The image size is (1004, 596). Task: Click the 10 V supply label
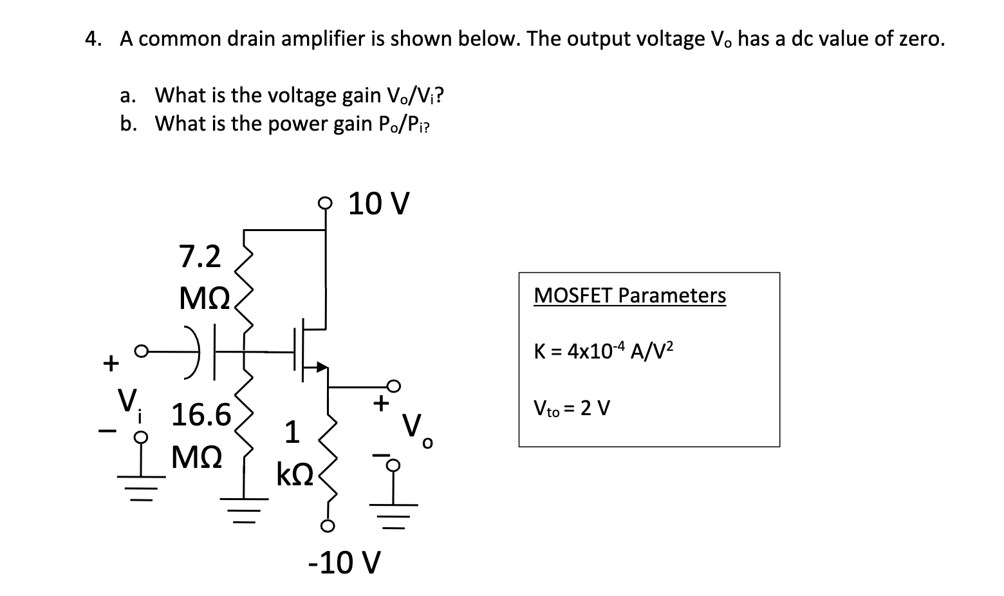378,204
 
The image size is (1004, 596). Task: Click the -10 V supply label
344,563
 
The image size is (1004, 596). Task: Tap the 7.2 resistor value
200,257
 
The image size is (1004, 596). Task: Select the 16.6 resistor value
201,414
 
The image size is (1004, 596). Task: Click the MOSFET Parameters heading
629,295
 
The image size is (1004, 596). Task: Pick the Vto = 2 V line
572,408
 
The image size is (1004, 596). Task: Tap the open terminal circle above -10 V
327,527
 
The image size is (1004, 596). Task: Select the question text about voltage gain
299,96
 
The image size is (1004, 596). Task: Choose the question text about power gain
293,124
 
